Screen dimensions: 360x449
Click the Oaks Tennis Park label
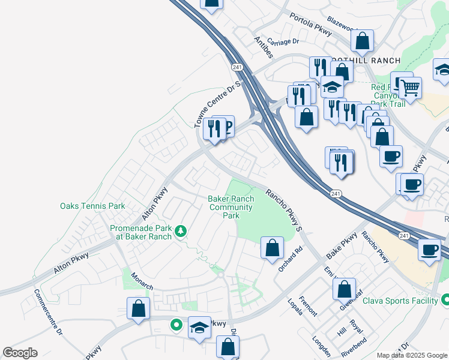coord(92,206)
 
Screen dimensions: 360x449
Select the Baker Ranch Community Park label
coord(231,207)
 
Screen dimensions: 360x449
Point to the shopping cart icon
coord(410,88)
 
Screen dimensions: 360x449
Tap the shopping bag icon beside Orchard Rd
coord(272,247)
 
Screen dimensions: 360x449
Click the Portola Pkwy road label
coord(310,26)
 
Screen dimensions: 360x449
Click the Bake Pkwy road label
coord(342,247)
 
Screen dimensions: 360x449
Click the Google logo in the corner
coord(20,353)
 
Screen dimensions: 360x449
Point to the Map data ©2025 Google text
coord(412,355)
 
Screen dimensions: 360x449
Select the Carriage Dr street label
coord(283,41)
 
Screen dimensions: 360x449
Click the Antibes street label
coord(264,47)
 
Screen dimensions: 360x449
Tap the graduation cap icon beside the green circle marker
coord(199,327)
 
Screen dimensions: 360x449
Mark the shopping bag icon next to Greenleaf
coord(345,289)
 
